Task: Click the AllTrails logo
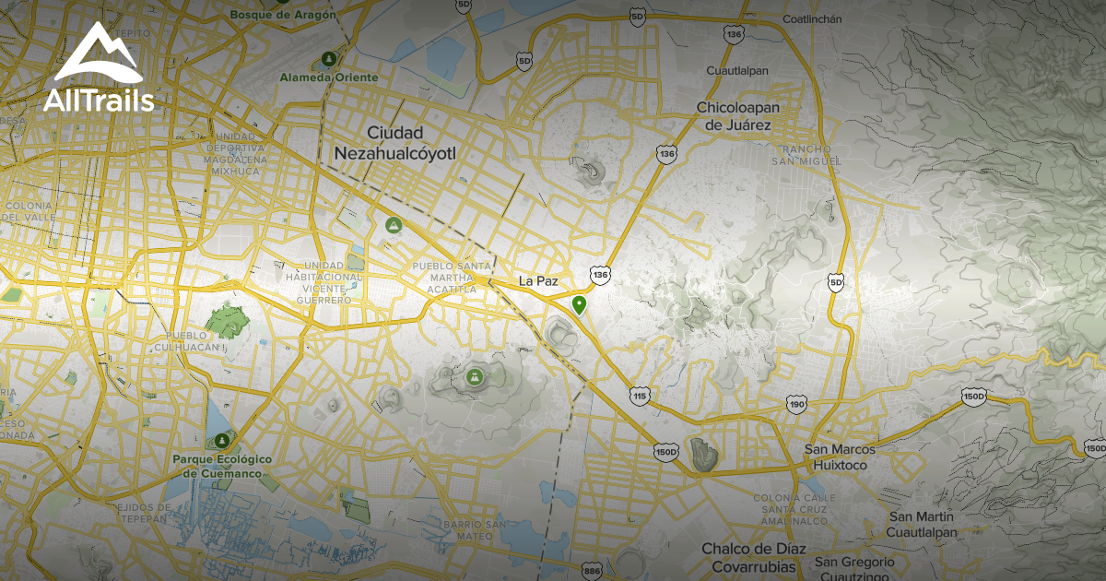tap(99, 68)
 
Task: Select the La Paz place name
tap(539, 280)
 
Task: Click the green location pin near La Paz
tap(579, 304)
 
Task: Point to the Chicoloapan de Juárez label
tap(737, 116)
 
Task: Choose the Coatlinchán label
tap(813, 19)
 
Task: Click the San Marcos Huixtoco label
tap(841, 457)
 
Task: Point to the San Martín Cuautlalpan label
tap(922, 524)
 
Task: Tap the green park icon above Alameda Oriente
tap(327, 60)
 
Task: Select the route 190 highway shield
tap(797, 404)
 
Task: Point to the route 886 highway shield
tap(593, 572)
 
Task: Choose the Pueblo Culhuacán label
tap(194, 341)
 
